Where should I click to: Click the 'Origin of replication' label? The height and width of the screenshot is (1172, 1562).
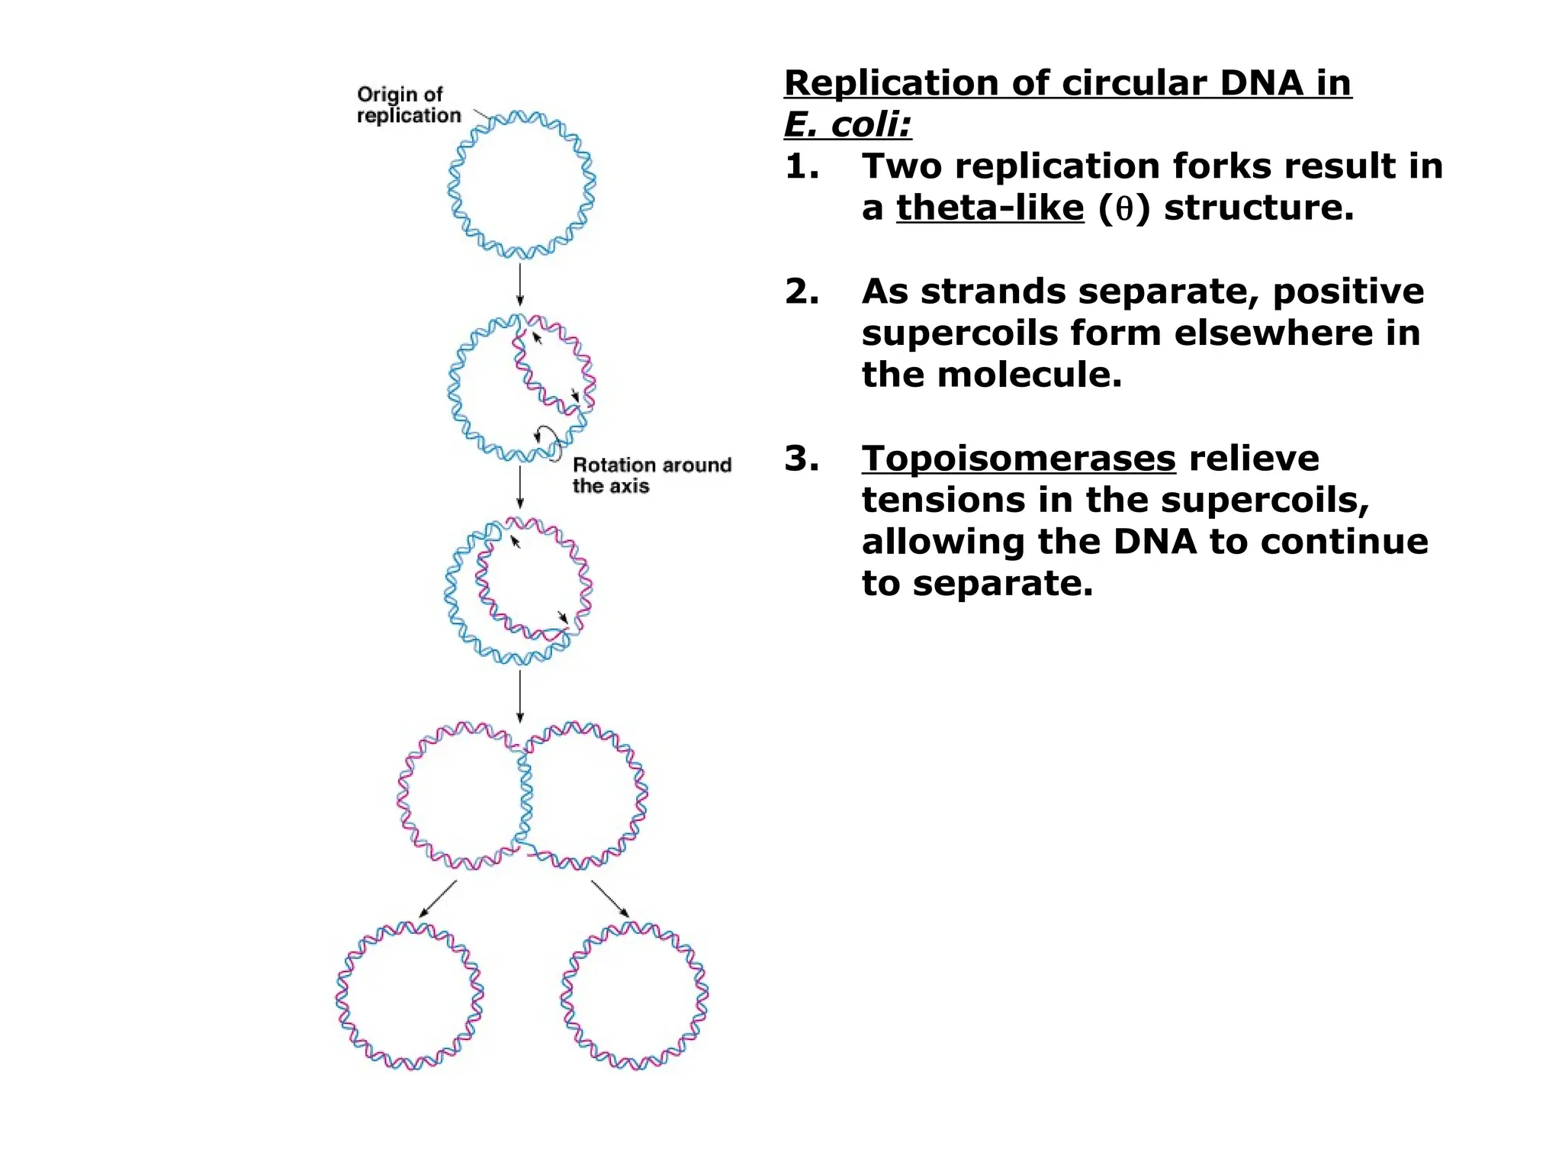(409, 105)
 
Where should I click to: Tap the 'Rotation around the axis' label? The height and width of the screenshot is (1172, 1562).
(651, 475)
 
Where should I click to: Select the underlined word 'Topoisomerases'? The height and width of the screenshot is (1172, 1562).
(1018, 459)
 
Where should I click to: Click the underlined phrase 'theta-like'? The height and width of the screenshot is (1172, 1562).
(989, 208)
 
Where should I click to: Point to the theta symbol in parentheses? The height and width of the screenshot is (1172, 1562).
(1123, 209)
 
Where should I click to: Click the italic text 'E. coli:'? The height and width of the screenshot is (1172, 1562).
(847, 124)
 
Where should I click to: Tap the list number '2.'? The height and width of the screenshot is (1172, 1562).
(802, 291)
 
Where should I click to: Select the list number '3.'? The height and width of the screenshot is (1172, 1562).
(802, 459)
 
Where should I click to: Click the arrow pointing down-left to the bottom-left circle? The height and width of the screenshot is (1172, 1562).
(438, 899)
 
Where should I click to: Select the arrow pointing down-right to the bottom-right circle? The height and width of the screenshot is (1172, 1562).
(609, 899)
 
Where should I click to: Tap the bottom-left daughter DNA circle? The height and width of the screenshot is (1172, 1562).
(410, 996)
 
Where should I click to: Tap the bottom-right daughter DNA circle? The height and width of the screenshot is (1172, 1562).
(635, 996)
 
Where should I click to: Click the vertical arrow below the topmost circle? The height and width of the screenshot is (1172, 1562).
(520, 285)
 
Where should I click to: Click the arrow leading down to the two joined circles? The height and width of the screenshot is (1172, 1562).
(520, 696)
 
